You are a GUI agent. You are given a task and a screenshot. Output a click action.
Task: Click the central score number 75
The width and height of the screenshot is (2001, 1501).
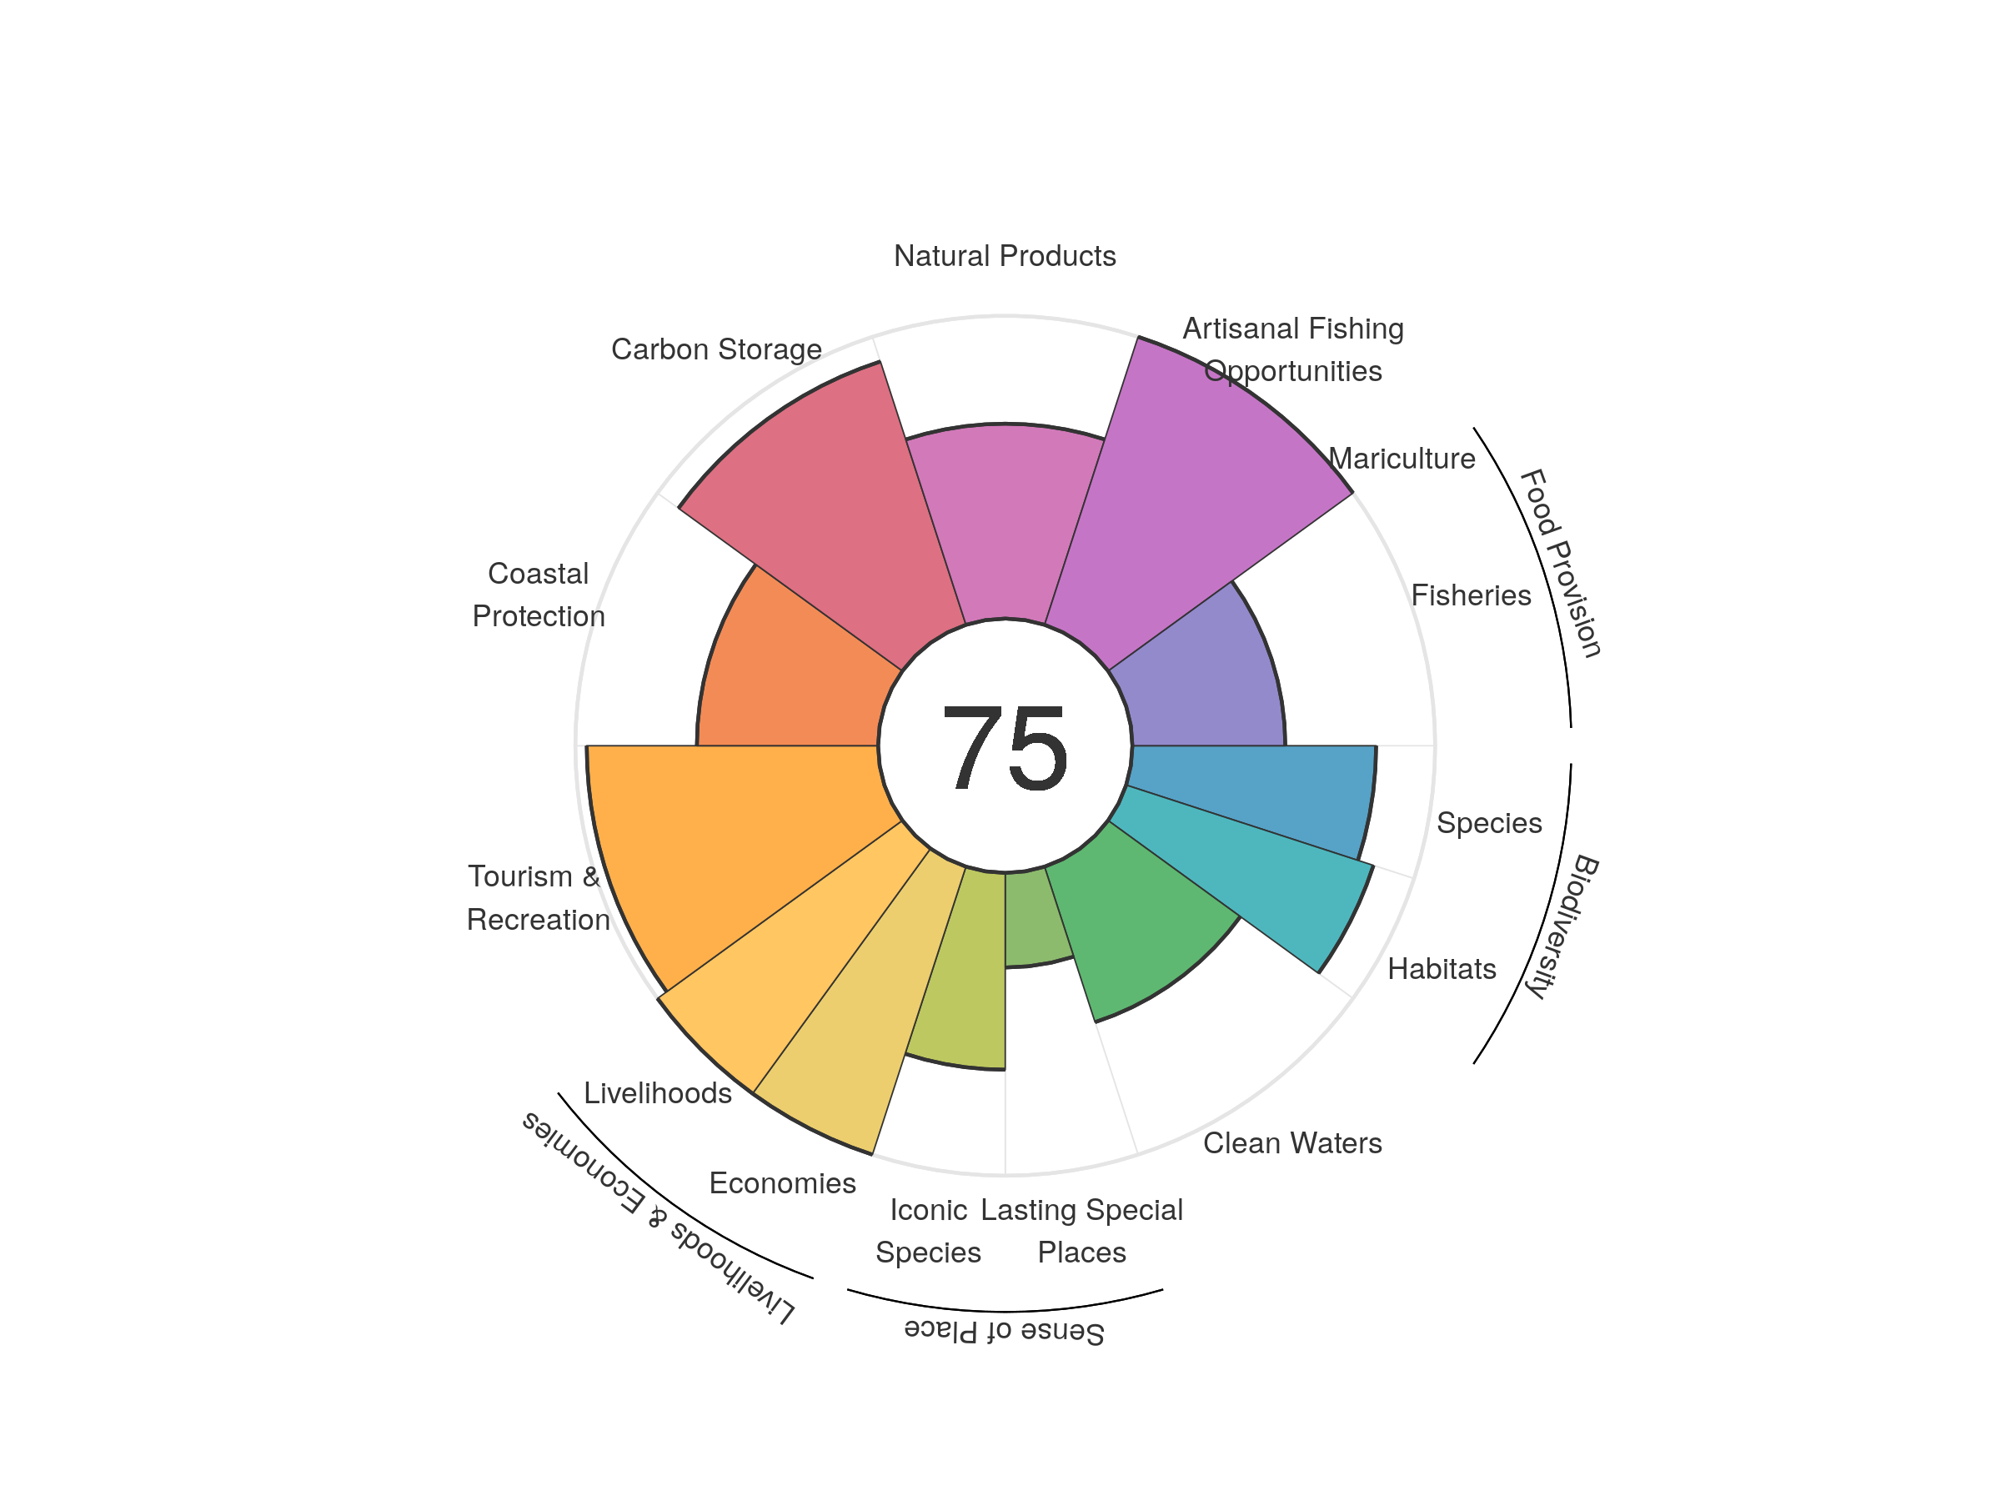point(1004,748)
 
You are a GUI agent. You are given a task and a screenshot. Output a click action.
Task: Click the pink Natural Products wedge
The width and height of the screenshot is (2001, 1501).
point(1004,525)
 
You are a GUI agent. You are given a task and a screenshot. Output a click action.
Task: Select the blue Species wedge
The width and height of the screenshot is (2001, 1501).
point(1257,796)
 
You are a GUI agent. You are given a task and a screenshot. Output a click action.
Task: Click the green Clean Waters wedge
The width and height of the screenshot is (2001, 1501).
point(1131,932)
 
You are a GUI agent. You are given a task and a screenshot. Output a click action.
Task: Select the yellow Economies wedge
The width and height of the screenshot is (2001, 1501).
point(869,1004)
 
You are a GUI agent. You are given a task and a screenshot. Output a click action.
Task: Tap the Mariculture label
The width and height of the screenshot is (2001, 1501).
point(1402,459)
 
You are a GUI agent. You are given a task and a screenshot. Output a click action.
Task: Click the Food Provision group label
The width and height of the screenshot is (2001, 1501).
point(1560,563)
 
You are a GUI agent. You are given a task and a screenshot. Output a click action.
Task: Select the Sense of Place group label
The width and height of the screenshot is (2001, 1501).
point(1004,1331)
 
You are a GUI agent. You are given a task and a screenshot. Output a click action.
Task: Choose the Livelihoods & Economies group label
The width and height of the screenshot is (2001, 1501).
point(659,1217)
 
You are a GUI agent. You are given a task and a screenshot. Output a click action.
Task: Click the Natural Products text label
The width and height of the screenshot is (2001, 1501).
point(1004,256)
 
